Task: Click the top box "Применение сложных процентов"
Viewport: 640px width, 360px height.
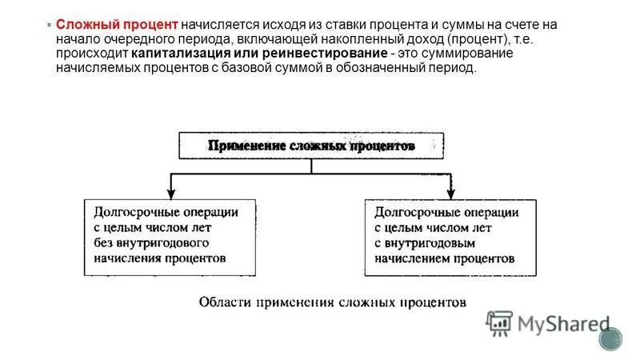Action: pos(310,146)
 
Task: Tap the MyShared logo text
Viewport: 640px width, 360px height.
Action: pos(563,324)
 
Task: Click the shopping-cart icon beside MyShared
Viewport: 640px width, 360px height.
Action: pos(499,322)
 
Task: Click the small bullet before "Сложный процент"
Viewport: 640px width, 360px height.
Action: pos(49,25)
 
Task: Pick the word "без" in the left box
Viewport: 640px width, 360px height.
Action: pos(103,242)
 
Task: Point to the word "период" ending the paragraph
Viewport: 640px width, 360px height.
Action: pos(455,68)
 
